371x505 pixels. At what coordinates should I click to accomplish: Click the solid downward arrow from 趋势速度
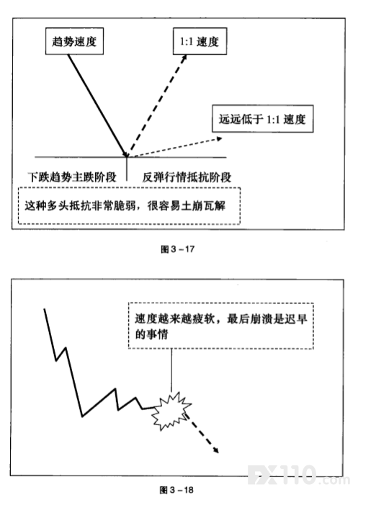pos(97,105)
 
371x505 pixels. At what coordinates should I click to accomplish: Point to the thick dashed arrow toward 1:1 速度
pos(158,105)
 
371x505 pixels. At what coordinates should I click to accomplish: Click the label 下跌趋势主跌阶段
pos(72,177)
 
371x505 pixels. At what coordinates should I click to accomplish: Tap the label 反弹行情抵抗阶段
pos(187,177)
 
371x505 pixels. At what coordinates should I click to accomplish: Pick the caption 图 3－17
pos(177,249)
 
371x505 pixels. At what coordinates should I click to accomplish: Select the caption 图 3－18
pos(176,490)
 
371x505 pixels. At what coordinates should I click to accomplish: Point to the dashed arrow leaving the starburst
pos(202,434)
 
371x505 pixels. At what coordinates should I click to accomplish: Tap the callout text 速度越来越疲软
pos(174,319)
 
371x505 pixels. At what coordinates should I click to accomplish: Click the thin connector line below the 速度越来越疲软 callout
pos(171,370)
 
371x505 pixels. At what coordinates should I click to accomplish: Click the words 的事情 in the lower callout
pos(151,334)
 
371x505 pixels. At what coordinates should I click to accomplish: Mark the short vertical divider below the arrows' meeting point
pos(127,169)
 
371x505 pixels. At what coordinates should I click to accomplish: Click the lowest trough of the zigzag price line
pos(82,416)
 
